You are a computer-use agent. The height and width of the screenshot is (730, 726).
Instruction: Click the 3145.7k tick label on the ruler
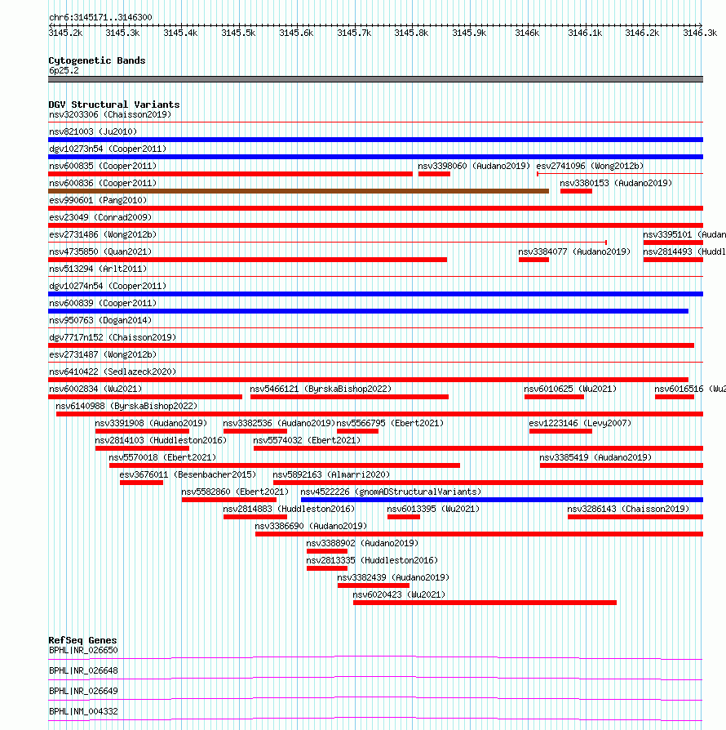click(x=354, y=33)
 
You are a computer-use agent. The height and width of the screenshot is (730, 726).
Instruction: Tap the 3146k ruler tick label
click(x=527, y=33)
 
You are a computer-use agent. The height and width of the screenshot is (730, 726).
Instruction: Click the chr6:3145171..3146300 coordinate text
click(x=100, y=17)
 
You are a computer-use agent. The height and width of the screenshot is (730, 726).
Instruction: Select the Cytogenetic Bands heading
click(x=97, y=60)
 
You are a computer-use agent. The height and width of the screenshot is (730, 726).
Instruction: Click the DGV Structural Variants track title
click(x=114, y=105)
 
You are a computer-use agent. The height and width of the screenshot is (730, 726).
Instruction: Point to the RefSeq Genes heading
click(x=82, y=640)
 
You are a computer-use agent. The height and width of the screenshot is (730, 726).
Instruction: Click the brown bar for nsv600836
click(x=299, y=191)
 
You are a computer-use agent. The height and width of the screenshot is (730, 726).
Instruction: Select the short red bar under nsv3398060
click(x=434, y=174)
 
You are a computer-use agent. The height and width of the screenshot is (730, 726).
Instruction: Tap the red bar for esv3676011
click(x=141, y=483)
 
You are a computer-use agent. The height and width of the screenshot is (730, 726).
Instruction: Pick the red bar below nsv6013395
click(x=404, y=517)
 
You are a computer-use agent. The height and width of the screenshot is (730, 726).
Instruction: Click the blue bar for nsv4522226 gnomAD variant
click(x=502, y=500)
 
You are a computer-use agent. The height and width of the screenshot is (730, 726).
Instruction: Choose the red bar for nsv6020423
click(x=485, y=603)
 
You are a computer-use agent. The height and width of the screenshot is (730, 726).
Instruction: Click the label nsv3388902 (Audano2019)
click(x=362, y=543)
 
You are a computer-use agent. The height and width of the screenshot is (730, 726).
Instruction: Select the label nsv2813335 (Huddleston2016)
click(x=372, y=560)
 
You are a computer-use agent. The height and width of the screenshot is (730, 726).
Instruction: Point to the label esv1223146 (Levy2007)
click(x=580, y=423)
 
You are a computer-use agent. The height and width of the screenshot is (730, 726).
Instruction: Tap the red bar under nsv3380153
click(x=576, y=191)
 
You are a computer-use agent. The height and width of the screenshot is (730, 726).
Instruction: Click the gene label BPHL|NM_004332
click(x=83, y=711)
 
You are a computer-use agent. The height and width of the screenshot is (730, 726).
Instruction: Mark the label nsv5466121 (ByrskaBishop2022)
click(x=321, y=389)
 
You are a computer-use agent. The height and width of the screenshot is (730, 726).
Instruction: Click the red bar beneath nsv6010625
click(x=554, y=397)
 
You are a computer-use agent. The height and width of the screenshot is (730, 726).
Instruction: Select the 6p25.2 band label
click(x=64, y=71)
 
